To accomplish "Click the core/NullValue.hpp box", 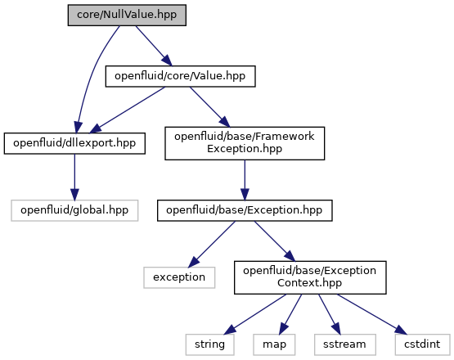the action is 127,15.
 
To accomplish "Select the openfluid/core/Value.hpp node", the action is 181,76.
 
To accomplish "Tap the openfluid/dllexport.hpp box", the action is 74,143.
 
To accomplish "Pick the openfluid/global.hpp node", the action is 74,210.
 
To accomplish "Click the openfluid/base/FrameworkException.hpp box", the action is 245,143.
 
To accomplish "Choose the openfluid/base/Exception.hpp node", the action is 245,210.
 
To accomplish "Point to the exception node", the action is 179,277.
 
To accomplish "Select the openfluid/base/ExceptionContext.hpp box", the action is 310,277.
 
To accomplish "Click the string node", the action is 210,344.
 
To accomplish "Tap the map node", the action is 274,344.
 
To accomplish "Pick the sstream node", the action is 345,344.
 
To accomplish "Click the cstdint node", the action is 422,344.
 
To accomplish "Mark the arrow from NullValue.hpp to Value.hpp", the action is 154,46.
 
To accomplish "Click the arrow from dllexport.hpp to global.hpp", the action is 74,177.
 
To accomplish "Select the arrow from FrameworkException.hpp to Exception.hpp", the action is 245,180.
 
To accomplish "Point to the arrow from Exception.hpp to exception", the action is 212,244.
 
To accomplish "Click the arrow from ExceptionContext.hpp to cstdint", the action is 372,314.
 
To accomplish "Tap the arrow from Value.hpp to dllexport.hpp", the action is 128,110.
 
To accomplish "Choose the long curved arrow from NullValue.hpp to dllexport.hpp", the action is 93,76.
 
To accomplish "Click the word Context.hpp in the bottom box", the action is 309,283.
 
